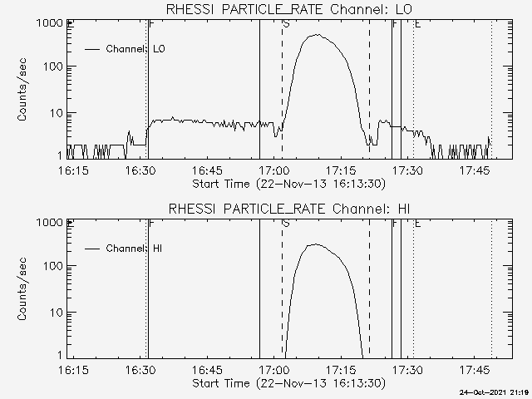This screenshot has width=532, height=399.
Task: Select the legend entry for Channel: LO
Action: point(136,49)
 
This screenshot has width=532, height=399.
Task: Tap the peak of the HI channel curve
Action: point(313,244)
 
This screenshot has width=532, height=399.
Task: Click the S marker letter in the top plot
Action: point(287,24)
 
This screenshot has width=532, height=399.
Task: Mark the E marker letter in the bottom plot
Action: point(417,224)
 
